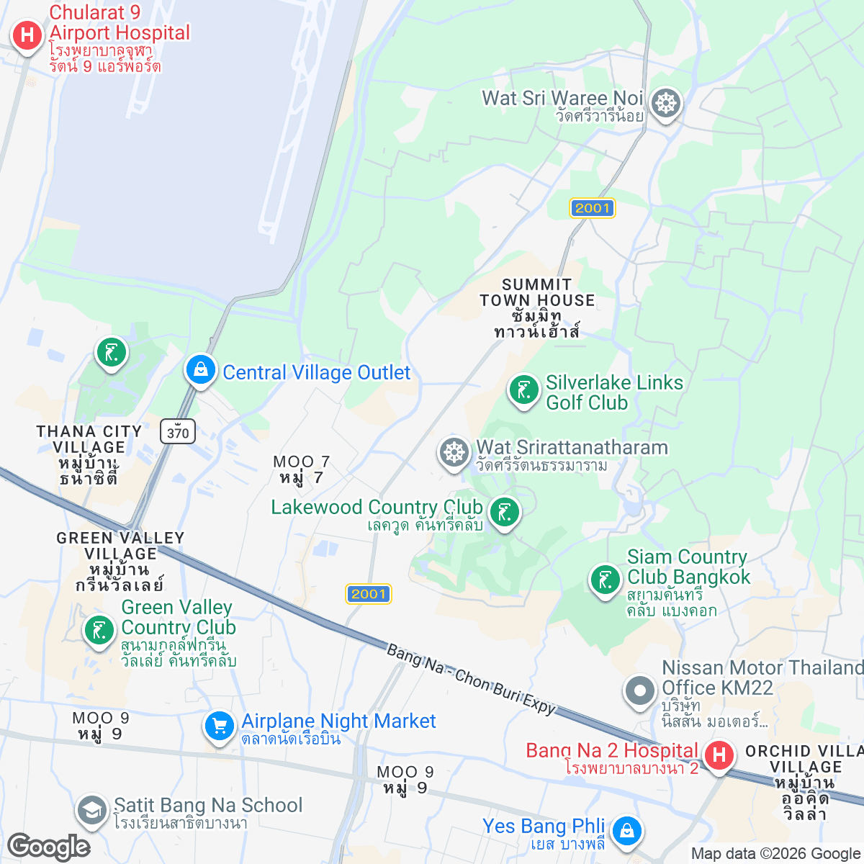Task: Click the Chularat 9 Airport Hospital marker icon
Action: [x=27, y=35]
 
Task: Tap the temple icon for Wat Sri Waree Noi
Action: [x=666, y=104]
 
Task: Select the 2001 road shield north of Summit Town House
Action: [x=593, y=208]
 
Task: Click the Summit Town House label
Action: [x=537, y=308]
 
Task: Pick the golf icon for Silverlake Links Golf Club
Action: [x=523, y=390]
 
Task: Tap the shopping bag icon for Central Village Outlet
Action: [x=201, y=370]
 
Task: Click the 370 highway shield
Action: [x=178, y=432]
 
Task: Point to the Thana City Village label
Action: [x=89, y=454]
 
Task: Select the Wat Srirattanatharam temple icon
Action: [x=454, y=454]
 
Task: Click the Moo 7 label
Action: [x=302, y=469]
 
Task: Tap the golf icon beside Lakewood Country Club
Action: [x=505, y=513]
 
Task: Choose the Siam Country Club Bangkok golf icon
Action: [x=605, y=580]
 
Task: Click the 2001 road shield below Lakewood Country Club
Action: [x=369, y=594]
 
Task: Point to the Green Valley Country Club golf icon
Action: [x=99, y=630]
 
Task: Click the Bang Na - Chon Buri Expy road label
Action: [x=472, y=680]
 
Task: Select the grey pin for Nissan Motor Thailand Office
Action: [x=639, y=691]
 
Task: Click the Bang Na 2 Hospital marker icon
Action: [x=718, y=756]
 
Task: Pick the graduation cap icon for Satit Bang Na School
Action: [x=91, y=810]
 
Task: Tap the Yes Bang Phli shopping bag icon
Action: [x=626, y=831]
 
